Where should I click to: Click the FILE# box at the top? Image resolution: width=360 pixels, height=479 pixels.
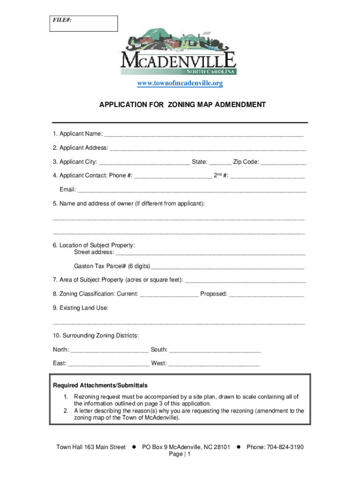click(x=84, y=23)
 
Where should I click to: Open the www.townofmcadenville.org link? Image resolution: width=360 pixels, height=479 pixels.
click(x=180, y=84)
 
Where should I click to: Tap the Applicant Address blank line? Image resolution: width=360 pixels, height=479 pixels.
click(x=208, y=149)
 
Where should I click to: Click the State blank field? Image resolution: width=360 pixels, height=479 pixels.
click(x=220, y=163)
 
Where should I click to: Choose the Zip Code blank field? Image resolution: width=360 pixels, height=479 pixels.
click(x=283, y=163)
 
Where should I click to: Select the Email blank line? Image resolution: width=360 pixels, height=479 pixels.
click(x=192, y=190)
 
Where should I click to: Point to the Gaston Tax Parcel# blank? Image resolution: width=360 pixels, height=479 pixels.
click(x=227, y=267)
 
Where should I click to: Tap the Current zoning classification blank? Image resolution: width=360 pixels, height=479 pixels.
click(x=169, y=295)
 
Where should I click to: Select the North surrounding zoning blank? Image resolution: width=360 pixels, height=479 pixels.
click(x=110, y=350)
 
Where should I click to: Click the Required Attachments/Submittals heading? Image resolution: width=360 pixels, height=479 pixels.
click(x=100, y=385)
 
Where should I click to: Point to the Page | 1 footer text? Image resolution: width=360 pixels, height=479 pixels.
click(x=180, y=455)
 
